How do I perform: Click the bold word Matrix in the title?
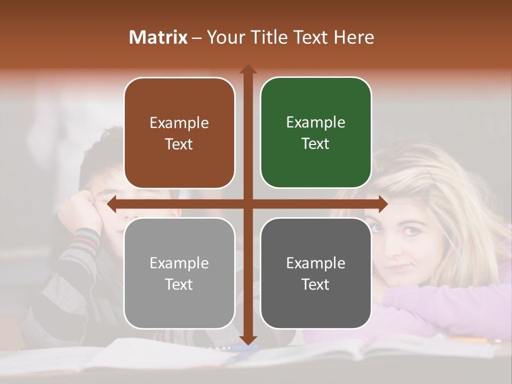158,37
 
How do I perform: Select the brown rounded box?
179,133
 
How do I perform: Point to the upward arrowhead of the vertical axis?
248,69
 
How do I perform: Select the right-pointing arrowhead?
383,204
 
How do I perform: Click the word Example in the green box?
316,122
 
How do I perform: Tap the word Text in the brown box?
179,144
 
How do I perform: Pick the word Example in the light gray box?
179,263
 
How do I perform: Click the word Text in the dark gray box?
316,284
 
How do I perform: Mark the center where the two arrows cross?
248,204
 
